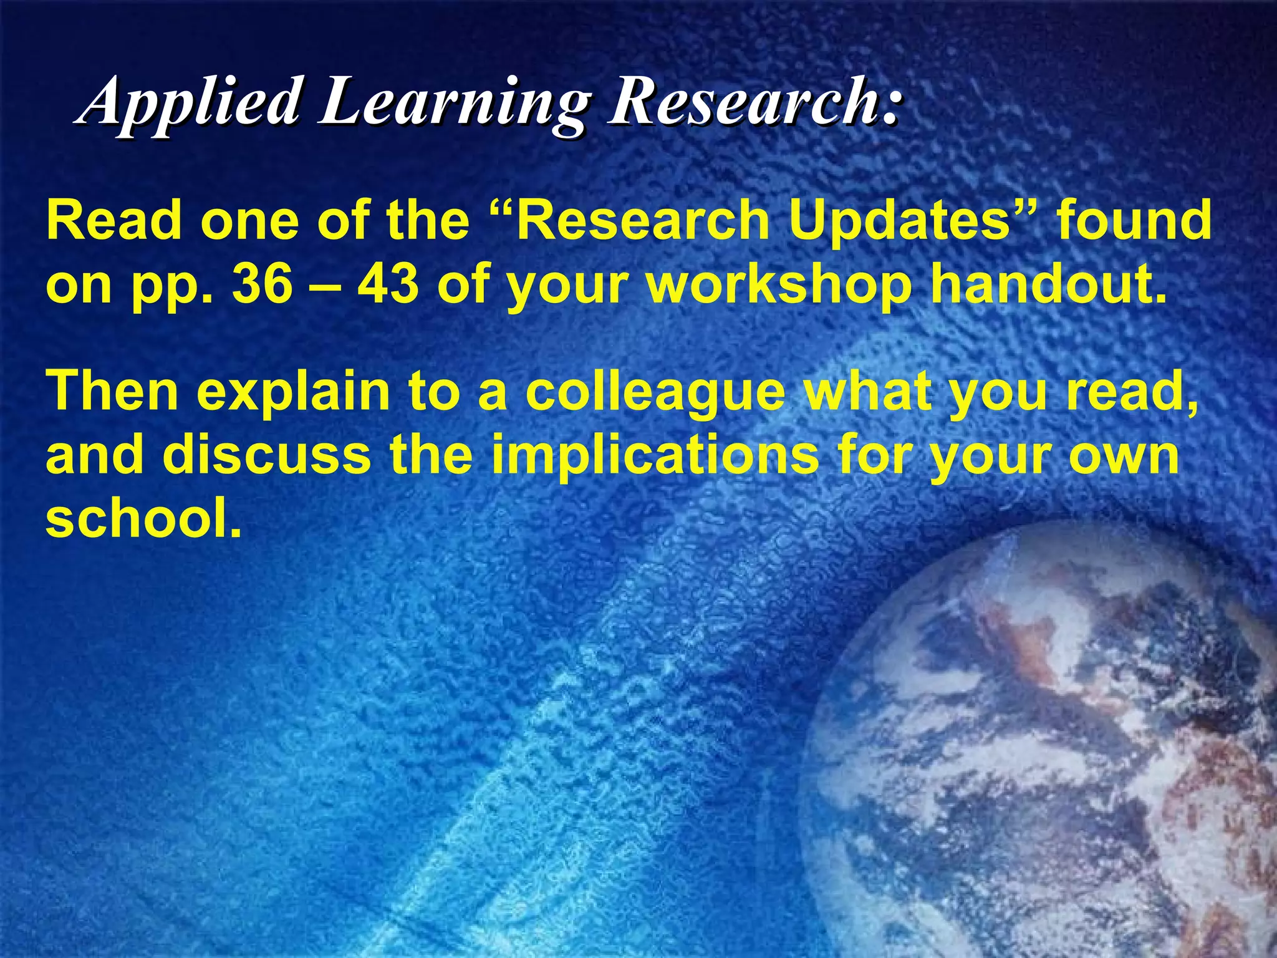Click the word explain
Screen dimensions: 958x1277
click(x=293, y=392)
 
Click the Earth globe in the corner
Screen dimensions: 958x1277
click(x=1060, y=748)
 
